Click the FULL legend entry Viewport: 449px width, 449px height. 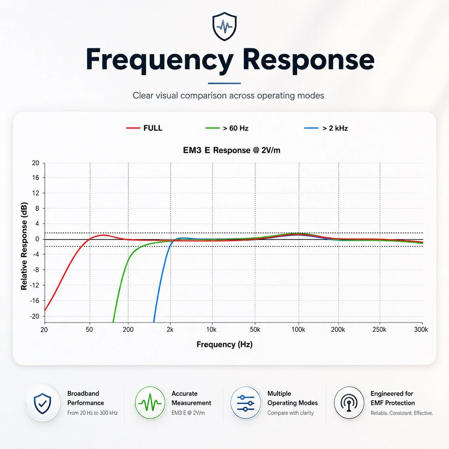pos(144,128)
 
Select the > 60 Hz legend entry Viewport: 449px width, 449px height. pos(227,128)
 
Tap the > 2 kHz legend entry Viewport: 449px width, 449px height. pos(326,128)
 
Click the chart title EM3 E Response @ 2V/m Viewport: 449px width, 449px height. pos(232,150)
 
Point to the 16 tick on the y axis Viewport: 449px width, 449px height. pos(36,178)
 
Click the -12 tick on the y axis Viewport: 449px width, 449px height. pos(34,285)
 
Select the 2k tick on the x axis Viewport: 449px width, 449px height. pos(170,329)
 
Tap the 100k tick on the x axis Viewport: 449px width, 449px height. pos(298,329)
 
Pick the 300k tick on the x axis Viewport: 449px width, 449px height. pos(421,329)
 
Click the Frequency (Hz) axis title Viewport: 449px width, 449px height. pos(224,344)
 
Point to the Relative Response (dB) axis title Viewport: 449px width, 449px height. pos(24,246)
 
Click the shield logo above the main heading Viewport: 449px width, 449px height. pos(224,26)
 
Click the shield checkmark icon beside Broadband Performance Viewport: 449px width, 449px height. pos(42,403)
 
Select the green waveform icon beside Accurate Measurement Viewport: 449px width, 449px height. pos(150,402)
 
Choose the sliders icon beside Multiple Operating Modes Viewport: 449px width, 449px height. pos(246,403)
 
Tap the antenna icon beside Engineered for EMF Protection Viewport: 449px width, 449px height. pos(349,403)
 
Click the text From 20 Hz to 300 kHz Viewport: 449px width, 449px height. pos(92,413)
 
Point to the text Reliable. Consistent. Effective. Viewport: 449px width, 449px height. pos(402,413)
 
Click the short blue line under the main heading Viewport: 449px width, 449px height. pos(224,83)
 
